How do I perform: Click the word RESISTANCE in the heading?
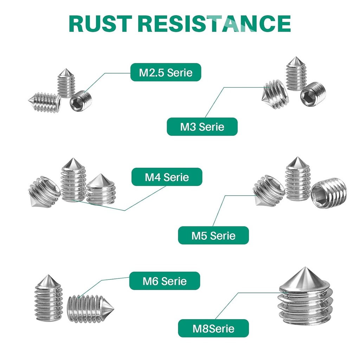[214, 24]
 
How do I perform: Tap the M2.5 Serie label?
[166, 72]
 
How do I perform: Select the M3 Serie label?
[202, 127]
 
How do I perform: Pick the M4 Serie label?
[167, 177]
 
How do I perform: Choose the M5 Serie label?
[213, 235]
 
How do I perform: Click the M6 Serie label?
[165, 281]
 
